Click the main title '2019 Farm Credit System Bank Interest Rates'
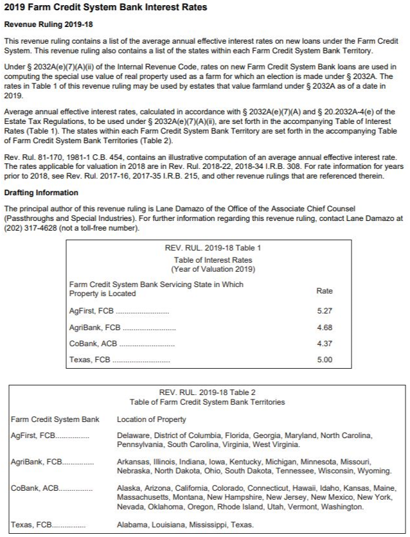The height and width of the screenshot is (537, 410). pyautogui.click(x=105, y=8)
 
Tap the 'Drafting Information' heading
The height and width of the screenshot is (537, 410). pyautogui.click(x=41, y=193)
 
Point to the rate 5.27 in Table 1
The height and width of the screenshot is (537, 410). pyautogui.click(x=325, y=311)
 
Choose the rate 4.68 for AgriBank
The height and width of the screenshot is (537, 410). pyautogui.click(x=325, y=328)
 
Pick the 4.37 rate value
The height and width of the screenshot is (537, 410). pyautogui.click(x=325, y=344)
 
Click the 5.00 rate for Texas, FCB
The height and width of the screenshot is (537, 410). pyautogui.click(x=325, y=360)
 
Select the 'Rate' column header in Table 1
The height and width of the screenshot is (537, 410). pyautogui.click(x=325, y=291)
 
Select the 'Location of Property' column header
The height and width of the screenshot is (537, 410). pyautogui.click(x=152, y=419)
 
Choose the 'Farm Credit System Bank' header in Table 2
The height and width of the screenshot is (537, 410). pyautogui.click(x=55, y=419)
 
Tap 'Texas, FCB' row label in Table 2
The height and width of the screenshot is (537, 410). pyautogui.click(x=31, y=525)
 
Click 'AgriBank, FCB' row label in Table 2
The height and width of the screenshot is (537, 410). pyautogui.click(x=36, y=462)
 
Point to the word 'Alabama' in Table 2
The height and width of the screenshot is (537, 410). pyautogui.click(x=132, y=525)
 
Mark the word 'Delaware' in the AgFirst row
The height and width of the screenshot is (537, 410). pyautogui.click(x=134, y=436)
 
